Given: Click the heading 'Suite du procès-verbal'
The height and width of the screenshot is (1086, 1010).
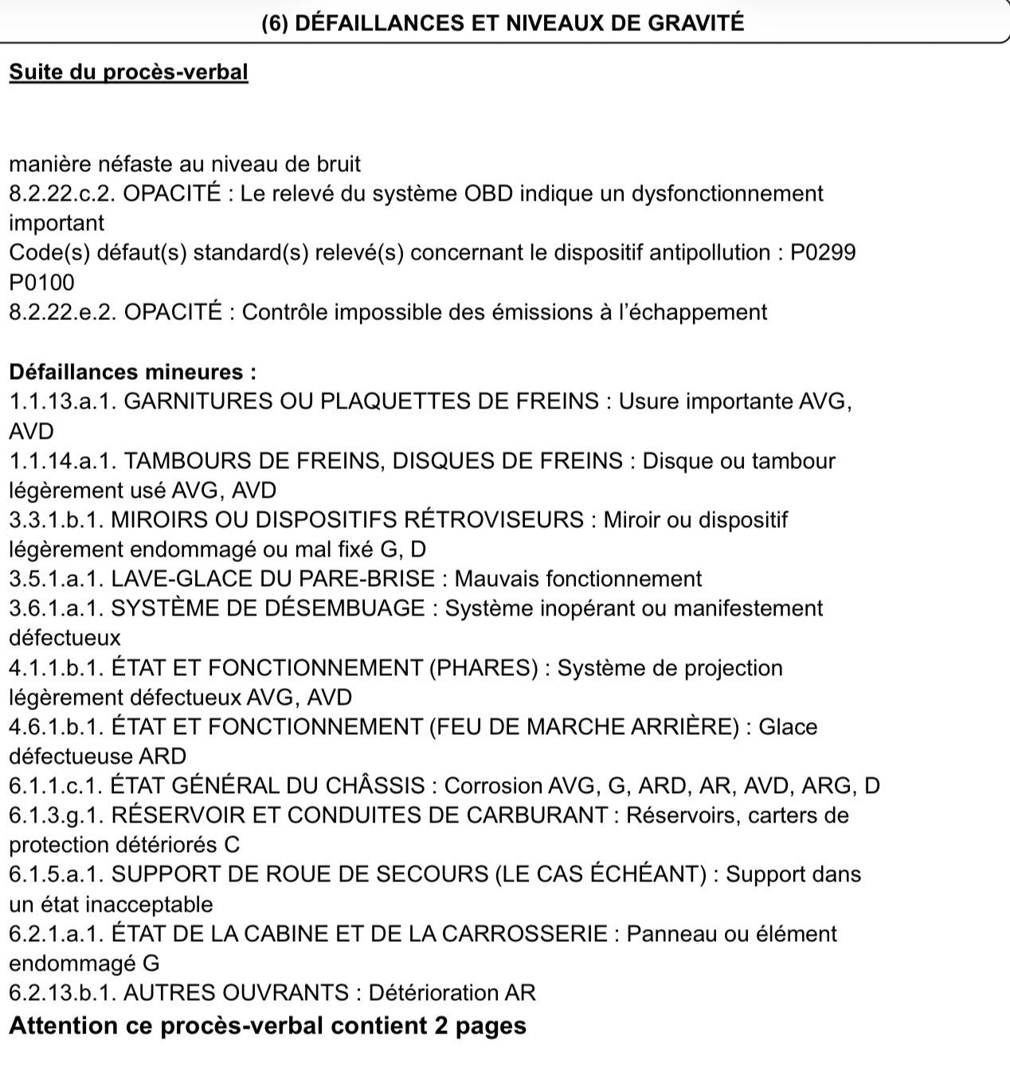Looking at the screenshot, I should (128, 72).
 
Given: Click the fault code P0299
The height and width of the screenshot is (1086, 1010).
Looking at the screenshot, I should (823, 253).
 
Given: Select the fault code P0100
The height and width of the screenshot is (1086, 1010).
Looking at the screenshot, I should (41, 283).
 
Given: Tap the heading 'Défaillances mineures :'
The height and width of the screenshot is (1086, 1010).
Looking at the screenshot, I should (132, 372).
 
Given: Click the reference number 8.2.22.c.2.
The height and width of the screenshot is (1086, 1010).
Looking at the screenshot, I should (63, 194).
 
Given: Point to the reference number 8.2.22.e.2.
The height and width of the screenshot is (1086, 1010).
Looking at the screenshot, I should (63, 312).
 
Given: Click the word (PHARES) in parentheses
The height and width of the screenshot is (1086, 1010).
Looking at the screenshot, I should (483, 668).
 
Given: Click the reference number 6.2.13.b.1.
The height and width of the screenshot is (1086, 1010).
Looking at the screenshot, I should (63, 993).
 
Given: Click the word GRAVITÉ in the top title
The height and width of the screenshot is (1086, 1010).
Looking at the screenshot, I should (695, 22).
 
